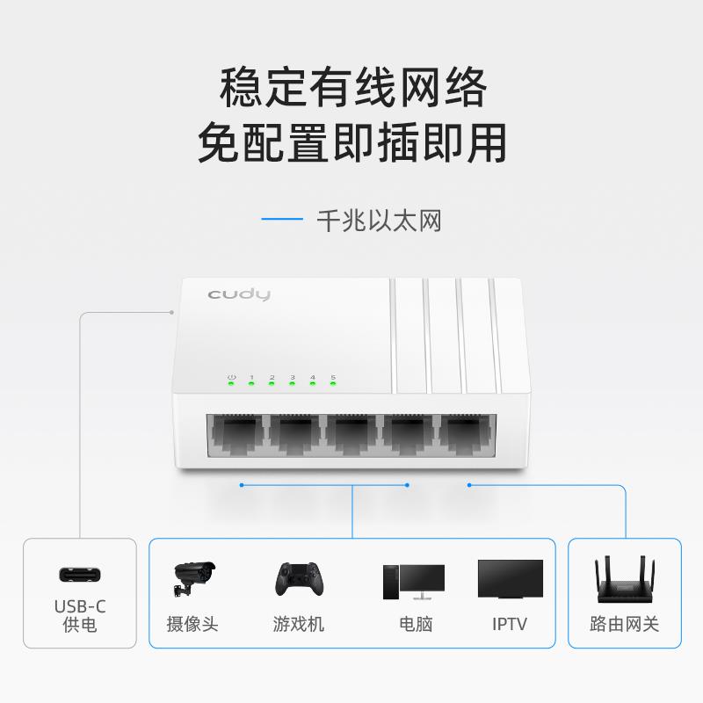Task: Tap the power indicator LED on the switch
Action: pos(231,384)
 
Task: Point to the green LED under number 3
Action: pos(293,384)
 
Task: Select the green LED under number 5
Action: pos(333,384)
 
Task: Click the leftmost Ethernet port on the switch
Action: pos(236,435)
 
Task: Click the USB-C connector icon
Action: pos(80,575)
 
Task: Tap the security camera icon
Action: pos(192,576)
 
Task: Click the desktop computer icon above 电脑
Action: pos(413,581)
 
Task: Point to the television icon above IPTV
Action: pos(510,579)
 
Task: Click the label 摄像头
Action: pos(192,625)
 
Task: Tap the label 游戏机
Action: pos(298,625)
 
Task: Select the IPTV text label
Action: pos(510,625)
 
